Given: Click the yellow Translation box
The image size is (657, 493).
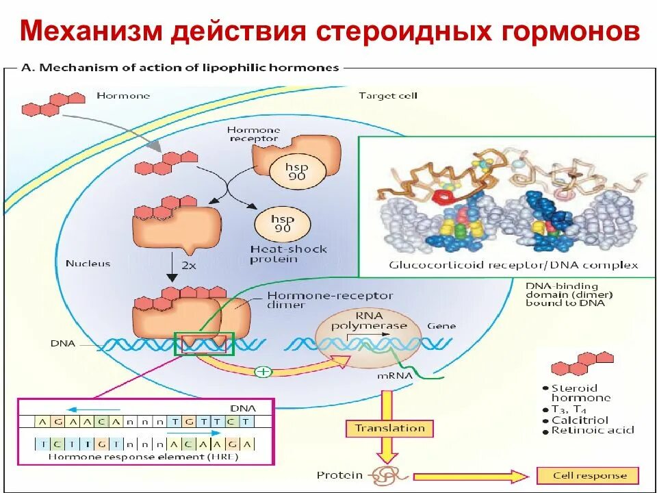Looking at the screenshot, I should [389, 429].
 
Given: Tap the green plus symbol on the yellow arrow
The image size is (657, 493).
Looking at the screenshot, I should [263, 372].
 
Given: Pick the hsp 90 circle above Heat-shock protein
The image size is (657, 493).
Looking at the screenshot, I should [282, 223].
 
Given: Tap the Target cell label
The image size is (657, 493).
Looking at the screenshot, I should [388, 96].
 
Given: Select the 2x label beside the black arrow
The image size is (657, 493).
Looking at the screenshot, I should [189, 263].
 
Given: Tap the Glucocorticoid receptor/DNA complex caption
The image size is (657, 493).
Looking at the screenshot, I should [513, 264].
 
